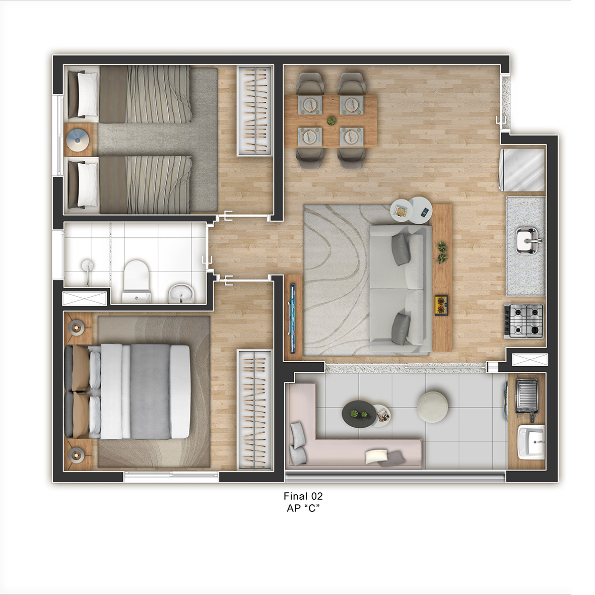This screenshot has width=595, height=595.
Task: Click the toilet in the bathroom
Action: [136, 281]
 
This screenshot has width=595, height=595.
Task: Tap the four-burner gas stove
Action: [523, 321]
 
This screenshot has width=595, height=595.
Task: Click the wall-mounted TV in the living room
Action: [292, 315]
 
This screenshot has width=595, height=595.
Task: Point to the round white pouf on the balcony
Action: [432, 407]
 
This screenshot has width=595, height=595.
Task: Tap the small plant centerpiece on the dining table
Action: [332, 121]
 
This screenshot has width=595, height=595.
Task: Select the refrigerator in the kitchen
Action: [523, 170]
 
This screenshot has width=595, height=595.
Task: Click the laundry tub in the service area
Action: [531, 442]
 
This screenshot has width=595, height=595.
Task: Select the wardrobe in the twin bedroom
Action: [255, 111]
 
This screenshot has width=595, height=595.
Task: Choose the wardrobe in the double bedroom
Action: [255, 410]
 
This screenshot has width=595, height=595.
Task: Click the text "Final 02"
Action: [303, 496]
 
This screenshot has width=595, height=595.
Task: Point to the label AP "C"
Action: [303, 508]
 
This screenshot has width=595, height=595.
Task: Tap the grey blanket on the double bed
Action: [150, 391]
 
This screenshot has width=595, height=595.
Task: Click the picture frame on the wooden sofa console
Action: [441, 305]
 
